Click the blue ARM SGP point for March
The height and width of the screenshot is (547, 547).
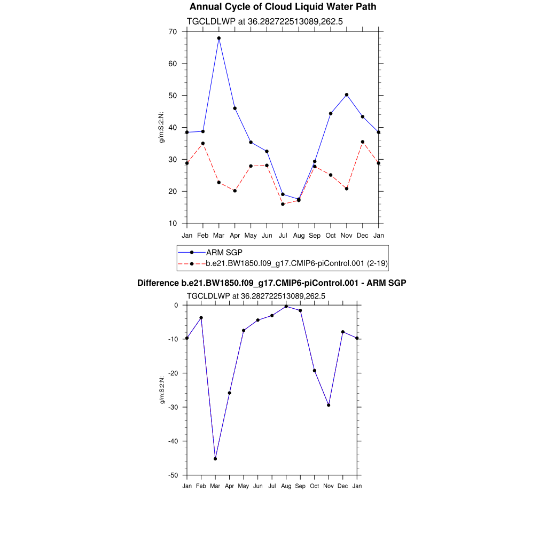click(x=218, y=38)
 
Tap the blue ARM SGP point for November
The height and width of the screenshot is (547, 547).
click(x=347, y=95)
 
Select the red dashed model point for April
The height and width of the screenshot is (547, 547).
click(x=235, y=191)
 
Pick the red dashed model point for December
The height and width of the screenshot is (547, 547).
click(x=363, y=142)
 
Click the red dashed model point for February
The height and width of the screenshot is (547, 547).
click(x=202, y=143)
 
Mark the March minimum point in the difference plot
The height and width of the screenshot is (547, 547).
click(x=215, y=458)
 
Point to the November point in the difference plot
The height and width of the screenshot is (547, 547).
click(x=329, y=405)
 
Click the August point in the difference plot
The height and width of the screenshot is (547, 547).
click(x=286, y=307)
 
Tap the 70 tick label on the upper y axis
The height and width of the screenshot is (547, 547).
click(x=172, y=32)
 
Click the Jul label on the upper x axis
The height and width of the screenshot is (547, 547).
click(x=283, y=236)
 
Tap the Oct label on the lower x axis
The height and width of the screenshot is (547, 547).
click(x=314, y=486)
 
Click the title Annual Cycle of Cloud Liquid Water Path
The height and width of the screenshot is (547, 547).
click(x=283, y=7)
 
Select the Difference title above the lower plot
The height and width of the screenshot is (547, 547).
click(x=272, y=283)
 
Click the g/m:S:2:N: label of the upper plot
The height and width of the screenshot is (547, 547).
click(x=161, y=127)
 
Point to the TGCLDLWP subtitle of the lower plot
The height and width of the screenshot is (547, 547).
click(x=256, y=295)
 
